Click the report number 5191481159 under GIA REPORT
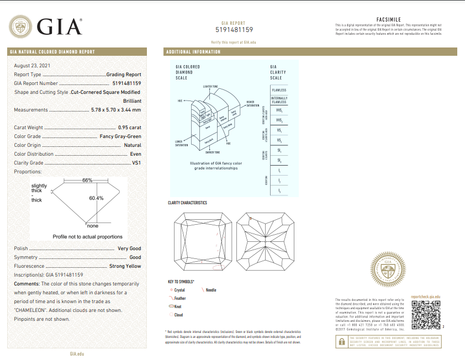click(x=233, y=30)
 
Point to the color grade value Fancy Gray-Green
click(x=120, y=136)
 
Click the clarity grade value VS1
click(x=136, y=163)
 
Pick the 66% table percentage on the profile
click(x=87, y=181)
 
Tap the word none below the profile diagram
click(x=92, y=226)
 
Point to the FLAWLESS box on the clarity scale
click(x=279, y=90)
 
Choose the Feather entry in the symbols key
click(x=179, y=298)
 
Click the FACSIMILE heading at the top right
click(x=388, y=19)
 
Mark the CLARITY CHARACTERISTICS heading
click(x=187, y=203)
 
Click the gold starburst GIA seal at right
click(x=388, y=271)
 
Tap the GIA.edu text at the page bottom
click(x=77, y=353)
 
